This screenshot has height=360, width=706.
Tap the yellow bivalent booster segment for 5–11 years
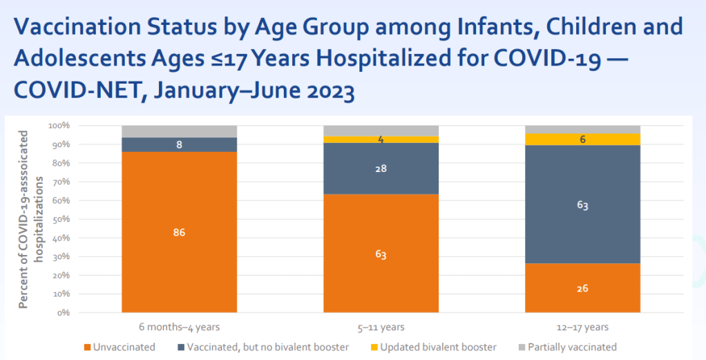(381, 140)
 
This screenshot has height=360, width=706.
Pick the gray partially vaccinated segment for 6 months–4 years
(179, 131)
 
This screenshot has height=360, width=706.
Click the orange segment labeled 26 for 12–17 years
(582, 287)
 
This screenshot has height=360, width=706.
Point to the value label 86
(179, 233)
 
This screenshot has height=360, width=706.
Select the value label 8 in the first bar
(179, 145)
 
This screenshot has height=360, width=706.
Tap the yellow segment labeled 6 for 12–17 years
(582, 139)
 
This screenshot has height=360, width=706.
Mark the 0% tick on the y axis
(62, 312)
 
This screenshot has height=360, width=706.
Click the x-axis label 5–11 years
(381, 327)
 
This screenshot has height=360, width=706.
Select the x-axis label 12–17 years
(582, 327)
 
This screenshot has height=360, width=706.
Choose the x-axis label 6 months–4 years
(179, 327)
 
